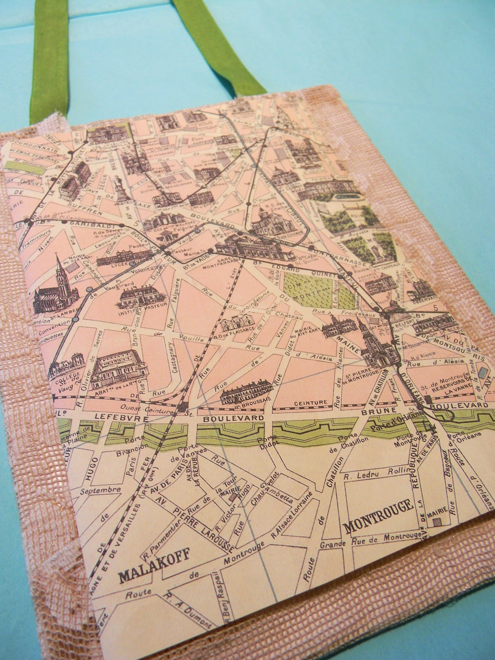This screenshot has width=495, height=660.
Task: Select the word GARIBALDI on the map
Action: [87, 223]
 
